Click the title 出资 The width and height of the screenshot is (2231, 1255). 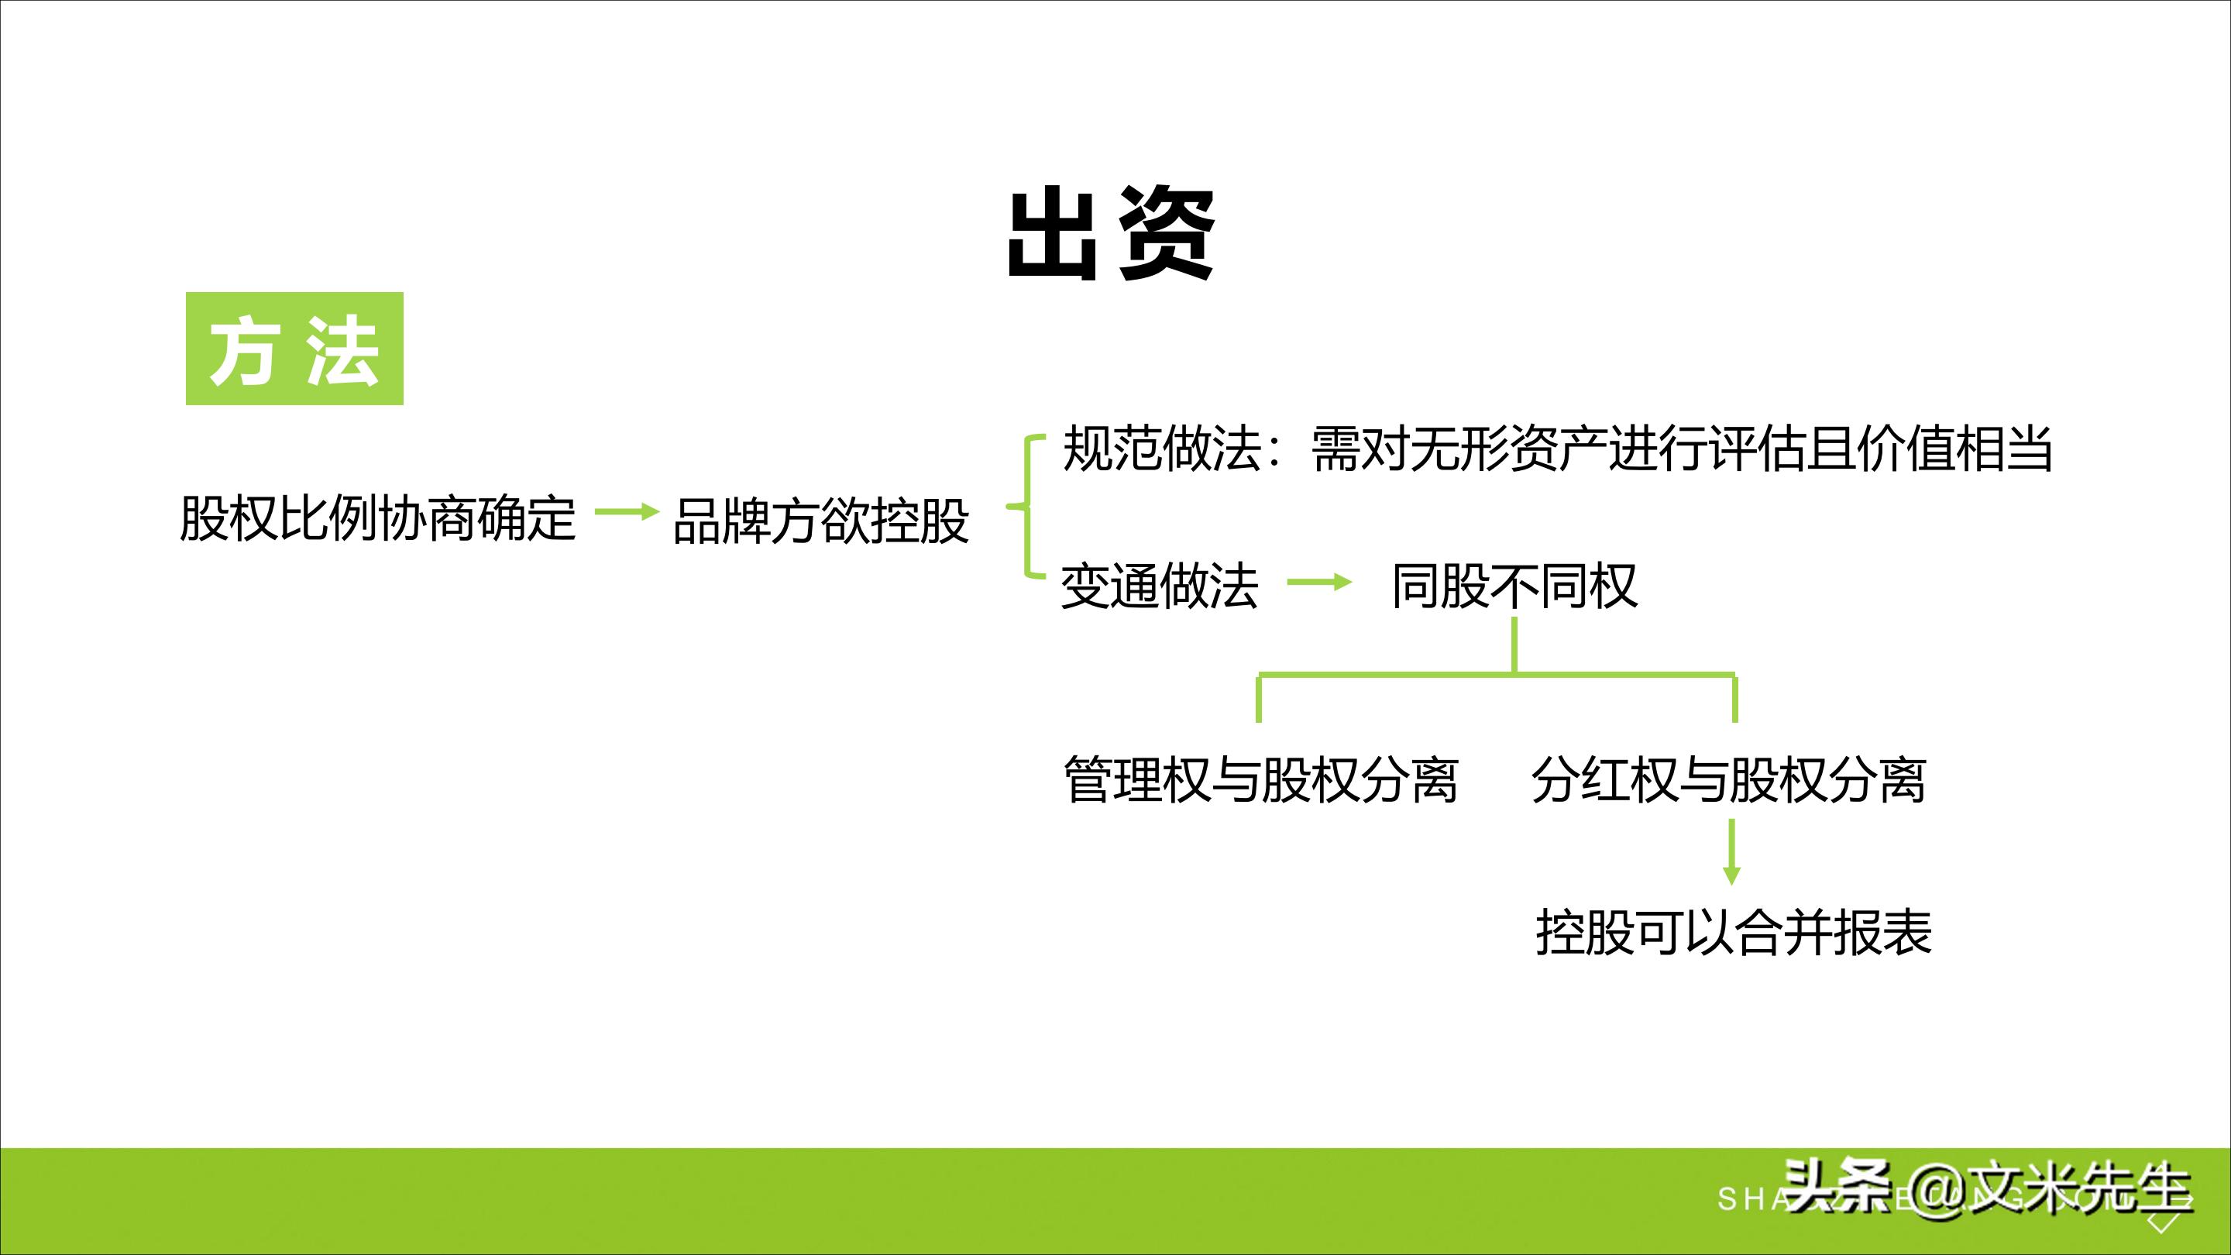coord(1111,235)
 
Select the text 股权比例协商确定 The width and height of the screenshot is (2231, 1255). coord(377,518)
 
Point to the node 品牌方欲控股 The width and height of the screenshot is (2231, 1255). coord(820,521)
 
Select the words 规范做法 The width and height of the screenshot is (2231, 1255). coord(1160,449)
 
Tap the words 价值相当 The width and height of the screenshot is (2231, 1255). coord(1954,449)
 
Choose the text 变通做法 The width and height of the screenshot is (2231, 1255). coord(1159,586)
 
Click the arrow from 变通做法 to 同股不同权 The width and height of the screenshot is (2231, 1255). coord(1319,583)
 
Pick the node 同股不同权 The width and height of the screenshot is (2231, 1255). coord(1514,586)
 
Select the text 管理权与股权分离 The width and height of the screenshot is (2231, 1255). coord(1260,779)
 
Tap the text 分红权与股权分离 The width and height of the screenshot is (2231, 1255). coord(1727,779)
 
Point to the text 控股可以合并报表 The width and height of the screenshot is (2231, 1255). coord(1734,933)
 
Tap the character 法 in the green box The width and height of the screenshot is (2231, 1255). coord(342,350)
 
